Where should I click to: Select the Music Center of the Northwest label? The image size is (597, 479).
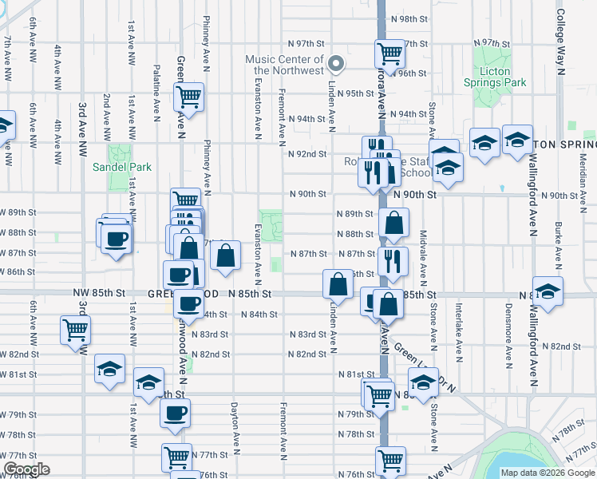click(x=284, y=65)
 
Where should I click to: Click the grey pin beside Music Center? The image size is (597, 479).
click(x=337, y=64)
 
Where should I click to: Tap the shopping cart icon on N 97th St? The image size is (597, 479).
click(x=389, y=53)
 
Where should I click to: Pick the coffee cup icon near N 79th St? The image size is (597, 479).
click(x=176, y=413)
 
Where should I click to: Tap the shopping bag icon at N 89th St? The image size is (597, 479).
click(x=393, y=222)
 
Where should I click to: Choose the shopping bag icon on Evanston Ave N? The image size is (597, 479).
click(x=227, y=255)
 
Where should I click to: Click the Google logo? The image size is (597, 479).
click(x=27, y=469)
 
